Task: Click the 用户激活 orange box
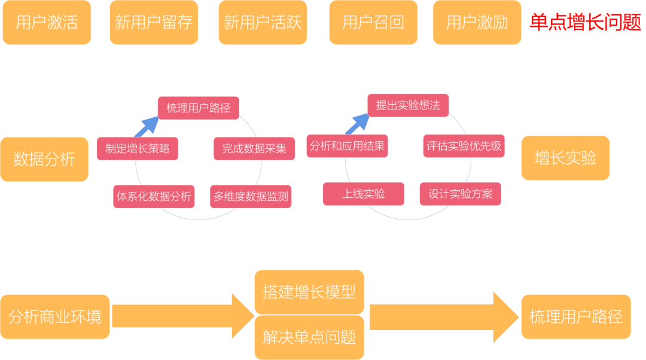[x=47, y=23]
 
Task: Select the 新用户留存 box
[x=154, y=23]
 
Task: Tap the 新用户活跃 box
[x=263, y=23]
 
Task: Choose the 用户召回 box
[x=373, y=23]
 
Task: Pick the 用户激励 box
[x=477, y=23]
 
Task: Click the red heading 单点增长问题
[x=585, y=23]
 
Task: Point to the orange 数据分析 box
[x=44, y=159]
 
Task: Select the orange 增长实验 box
[x=565, y=158]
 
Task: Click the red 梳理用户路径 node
[x=199, y=108]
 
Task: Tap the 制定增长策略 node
[x=138, y=148]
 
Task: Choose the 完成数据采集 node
[x=254, y=148]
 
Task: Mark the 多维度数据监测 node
[x=251, y=196]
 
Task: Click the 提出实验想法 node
[x=408, y=105]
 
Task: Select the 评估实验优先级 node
[x=464, y=146]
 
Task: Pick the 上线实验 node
[x=364, y=194]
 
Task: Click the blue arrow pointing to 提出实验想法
[x=357, y=124]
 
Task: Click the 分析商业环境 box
[x=55, y=316]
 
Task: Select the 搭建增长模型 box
[x=309, y=292]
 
